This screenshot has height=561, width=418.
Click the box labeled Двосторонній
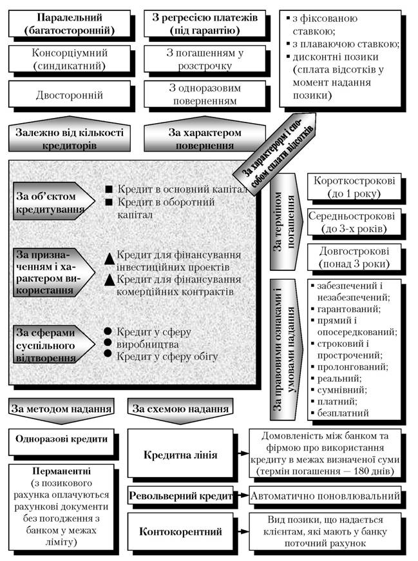[x=70, y=94]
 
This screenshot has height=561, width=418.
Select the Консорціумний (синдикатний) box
[x=70, y=59]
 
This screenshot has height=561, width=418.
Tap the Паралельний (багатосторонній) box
[x=70, y=24]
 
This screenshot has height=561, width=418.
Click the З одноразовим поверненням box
[x=205, y=94]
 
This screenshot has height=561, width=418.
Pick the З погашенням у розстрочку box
[x=205, y=59]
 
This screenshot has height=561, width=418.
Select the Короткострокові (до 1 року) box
[x=354, y=187]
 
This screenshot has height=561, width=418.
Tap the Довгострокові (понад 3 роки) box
[x=354, y=257]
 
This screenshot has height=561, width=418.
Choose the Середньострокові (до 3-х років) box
[x=354, y=222]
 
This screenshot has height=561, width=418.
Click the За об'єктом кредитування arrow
[x=53, y=201]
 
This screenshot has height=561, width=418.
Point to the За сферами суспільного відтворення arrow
[x=53, y=344]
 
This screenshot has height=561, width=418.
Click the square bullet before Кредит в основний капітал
[x=109, y=189]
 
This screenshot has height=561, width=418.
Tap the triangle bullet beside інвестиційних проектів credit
[x=109, y=259]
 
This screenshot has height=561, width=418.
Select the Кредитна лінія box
[x=180, y=455]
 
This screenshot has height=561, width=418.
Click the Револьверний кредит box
[x=180, y=495]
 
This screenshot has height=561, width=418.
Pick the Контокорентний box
[x=180, y=531]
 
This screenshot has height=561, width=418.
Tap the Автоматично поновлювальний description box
[x=325, y=495]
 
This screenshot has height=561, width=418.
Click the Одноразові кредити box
[x=61, y=439]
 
